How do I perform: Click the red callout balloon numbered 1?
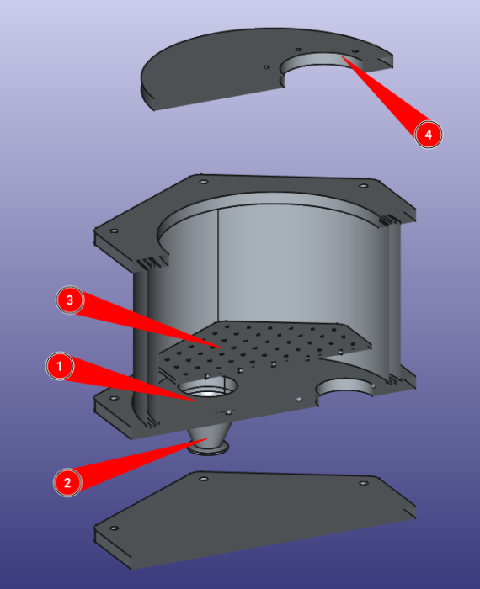tap(60, 366)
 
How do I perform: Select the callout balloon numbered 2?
tap(67, 482)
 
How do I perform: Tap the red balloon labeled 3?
tap(70, 300)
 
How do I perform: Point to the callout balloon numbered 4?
tap(429, 135)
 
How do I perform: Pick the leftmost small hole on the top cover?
tap(266, 67)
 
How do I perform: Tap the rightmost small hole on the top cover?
tap(355, 51)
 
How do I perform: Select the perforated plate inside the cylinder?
tap(263, 346)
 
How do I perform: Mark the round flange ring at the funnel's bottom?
tap(209, 448)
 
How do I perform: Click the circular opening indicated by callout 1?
tap(208, 389)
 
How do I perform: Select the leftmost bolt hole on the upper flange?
tap(113, 231)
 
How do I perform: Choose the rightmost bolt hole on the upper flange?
tap(364, 186)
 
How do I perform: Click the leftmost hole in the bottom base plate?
tap(114, 528)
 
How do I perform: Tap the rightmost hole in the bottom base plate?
tap(364, 483)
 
